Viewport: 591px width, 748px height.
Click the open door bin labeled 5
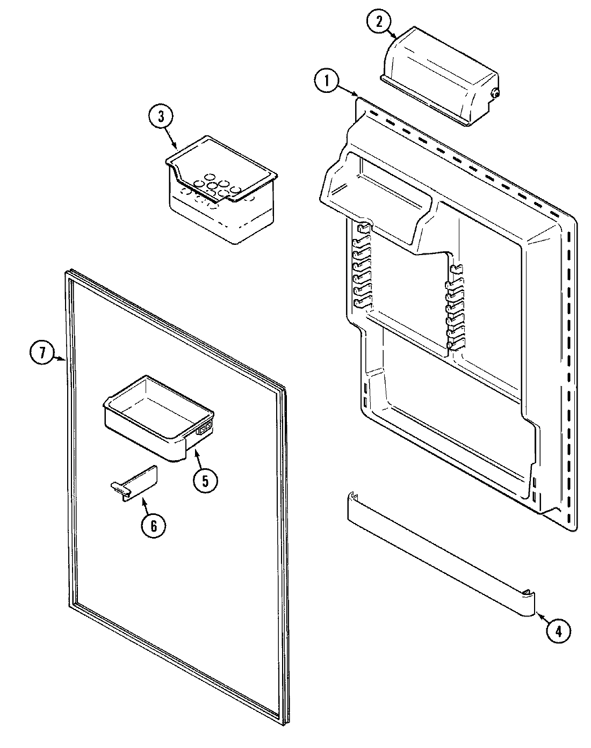point(158,413)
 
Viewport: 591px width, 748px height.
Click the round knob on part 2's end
point(495,94)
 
